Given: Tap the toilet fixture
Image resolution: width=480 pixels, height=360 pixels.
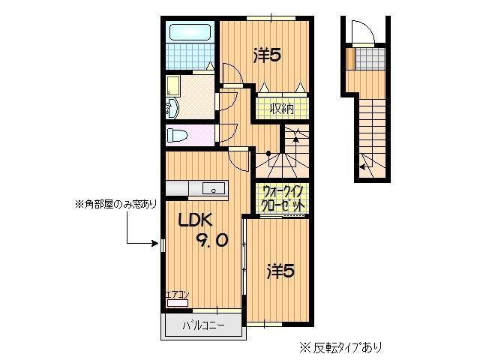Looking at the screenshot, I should (179, 136).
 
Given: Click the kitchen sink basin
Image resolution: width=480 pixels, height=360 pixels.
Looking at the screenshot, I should (214, 189).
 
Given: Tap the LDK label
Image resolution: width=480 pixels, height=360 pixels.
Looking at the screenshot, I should (196, 220).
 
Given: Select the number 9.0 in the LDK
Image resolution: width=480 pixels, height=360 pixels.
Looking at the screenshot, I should (212, 240).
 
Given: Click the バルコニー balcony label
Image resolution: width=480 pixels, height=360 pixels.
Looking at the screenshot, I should (205, 326).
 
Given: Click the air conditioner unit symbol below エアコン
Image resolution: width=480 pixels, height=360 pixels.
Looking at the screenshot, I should (178, 304).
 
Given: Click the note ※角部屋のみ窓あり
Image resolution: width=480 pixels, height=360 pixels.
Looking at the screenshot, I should (115, 203).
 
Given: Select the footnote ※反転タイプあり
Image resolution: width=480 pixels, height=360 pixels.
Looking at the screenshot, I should (341, 347).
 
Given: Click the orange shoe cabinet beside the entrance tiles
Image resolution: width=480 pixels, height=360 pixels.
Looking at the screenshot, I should (351, 58).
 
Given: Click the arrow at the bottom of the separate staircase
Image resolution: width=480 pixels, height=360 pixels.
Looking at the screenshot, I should (364, 166).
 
